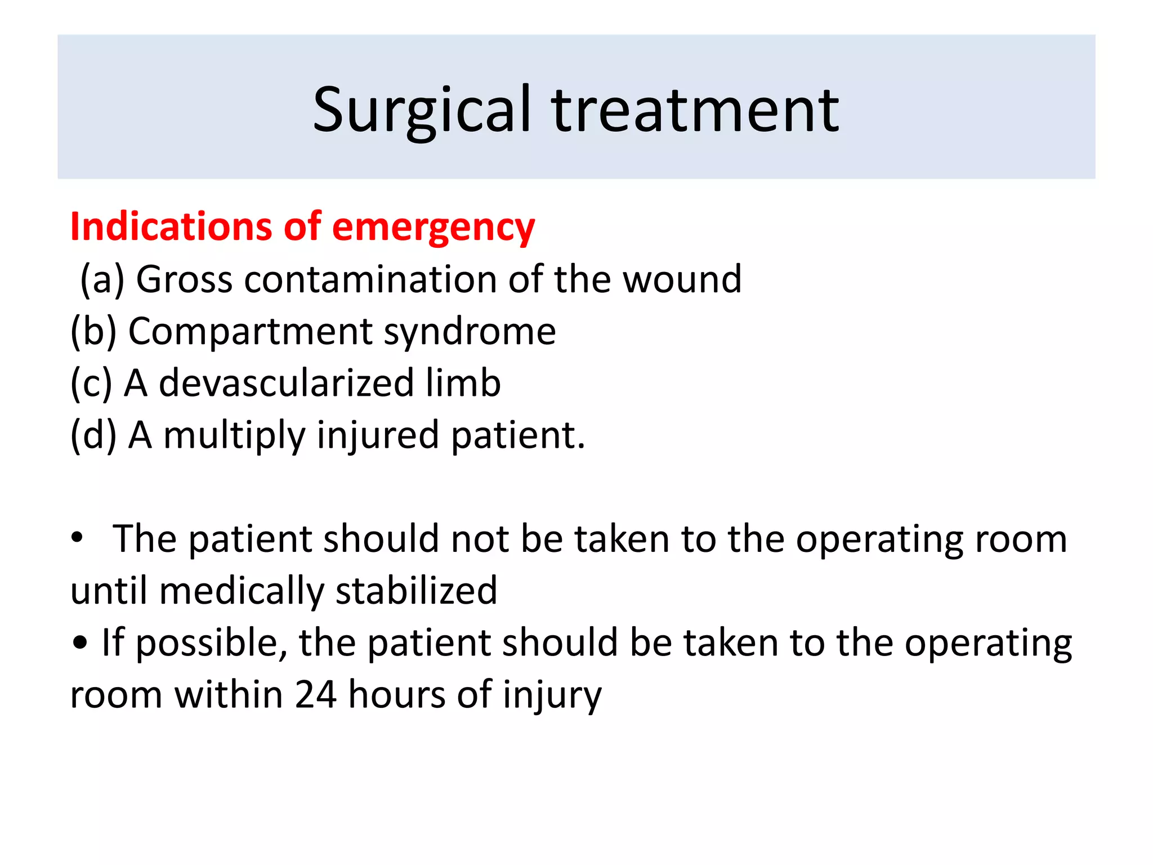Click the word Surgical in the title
(422, 110)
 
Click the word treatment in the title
(695, 110)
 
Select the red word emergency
(434, 228)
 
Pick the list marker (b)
(93, 331)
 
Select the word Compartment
(250, 331)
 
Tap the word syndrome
(470, 332)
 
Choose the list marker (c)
(91, 383)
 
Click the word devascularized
(286, 383)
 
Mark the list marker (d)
(93, 435)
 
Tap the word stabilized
(416, 591)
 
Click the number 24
(316, 694)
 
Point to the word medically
(242, 591)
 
